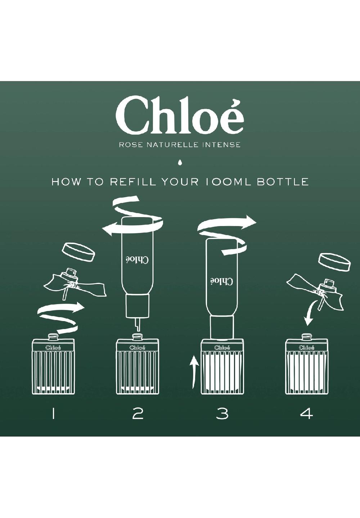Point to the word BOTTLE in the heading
(x=283, y=182)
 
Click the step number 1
(x=53, y=414)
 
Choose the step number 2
(x=138, y=414)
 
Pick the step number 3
(x=222, y=414)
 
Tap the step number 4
(x=306, y=414)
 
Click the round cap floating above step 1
(x=78, y=252)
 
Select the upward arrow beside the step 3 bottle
(x=194, y=373)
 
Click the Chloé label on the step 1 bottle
(x=53, y=347)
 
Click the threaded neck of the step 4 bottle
(x=306, y=337)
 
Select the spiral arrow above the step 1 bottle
(x=61, y=317)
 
